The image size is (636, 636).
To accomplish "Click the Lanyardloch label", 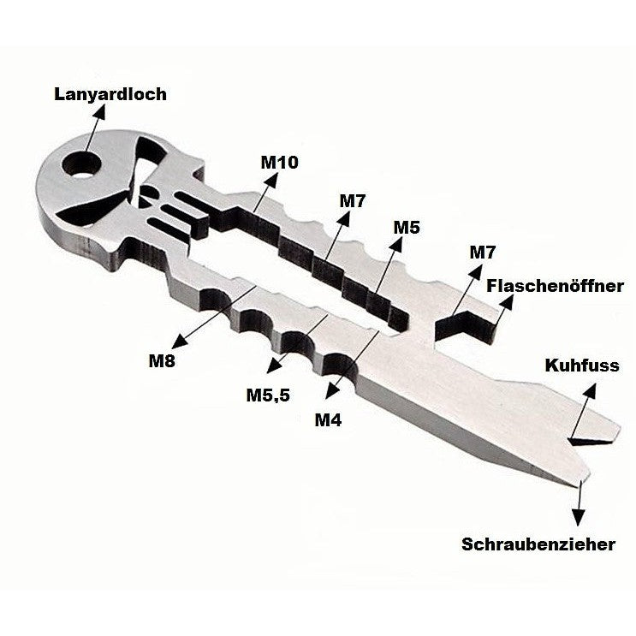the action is [x=110, y=94].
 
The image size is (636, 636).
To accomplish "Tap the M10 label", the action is [x=279, y=163].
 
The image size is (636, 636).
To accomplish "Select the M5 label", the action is [x=407, y=228].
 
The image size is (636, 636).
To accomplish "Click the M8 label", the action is [x=162, y=360].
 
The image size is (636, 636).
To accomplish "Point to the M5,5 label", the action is [x=268, y=395].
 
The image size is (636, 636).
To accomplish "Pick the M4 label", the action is [x=328, y=420].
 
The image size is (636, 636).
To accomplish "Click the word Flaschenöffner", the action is [x=555, y=286].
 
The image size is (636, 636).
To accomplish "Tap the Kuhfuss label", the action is [x=582, y=365].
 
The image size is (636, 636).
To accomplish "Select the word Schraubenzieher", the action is [x=538, y=544].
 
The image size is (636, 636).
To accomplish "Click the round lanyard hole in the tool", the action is [x=81, y=165].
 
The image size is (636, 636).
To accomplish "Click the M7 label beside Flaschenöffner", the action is [x=482, y=253].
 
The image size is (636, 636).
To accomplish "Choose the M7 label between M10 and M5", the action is [x=353, y=201].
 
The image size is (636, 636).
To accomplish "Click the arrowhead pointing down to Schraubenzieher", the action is [x=579, y=518].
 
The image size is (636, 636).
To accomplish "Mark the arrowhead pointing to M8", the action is [x=179, y=342].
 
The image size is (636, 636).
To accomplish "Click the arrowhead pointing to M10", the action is [x=271, y=180].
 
